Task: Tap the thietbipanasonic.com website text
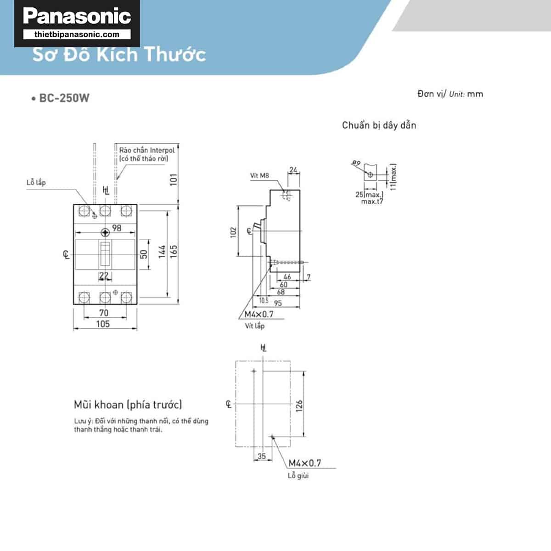[x=77, y=34]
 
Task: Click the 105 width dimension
[x=103, y=324]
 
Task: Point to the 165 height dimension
[x=174, y=251]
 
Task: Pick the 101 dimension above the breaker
[x=174, y=179]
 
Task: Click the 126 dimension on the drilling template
[x=299, y=405]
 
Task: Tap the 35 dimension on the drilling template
[x=261, y=456]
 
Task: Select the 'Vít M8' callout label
[x=259, y=175]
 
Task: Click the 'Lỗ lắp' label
[x=36, y=182]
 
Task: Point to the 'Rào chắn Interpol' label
[x=147, y=150]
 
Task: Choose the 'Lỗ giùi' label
[x=298, y=476]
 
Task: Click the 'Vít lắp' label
[x=254, y=326]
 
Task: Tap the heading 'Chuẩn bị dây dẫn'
[x=379, y=125]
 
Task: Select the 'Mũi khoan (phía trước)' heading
[x=128, y=405]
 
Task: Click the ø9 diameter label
[x=356, y=163]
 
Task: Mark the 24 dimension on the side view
[x=293, y=170]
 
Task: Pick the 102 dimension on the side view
[x=234, y=232]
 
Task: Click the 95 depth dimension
[x=278, y=303]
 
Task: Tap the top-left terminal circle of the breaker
[x=84, y=211]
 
